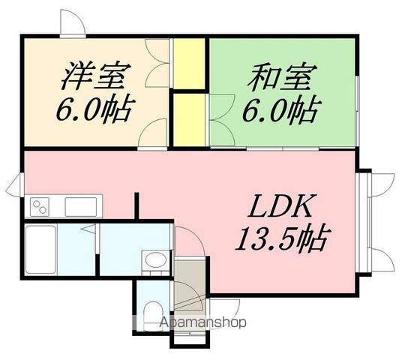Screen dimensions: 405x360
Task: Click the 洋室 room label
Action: coord(96,76)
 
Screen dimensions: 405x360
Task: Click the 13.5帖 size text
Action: coord(282,238)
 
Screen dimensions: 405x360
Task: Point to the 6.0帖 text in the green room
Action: coord(282,109)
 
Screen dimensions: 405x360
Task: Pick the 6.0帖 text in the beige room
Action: coord(96,109)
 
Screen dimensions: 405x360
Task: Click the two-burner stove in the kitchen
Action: coord(40,206)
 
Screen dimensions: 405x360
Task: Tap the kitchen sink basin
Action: coord(81,206)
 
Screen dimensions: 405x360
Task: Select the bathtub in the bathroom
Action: coord(40,250)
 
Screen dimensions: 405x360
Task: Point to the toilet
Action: coord(152,316)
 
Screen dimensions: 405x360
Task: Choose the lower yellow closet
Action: coord(189,120)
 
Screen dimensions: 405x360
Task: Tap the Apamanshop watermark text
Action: coord(202,322)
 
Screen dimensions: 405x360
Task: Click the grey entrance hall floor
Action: coord(190,283)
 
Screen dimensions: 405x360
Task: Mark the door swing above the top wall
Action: coord(72,22)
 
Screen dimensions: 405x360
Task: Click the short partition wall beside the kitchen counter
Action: coord(137,205)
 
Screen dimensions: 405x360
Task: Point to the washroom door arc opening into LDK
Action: coord(190,241)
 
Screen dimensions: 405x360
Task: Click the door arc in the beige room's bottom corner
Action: coord(152,133)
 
